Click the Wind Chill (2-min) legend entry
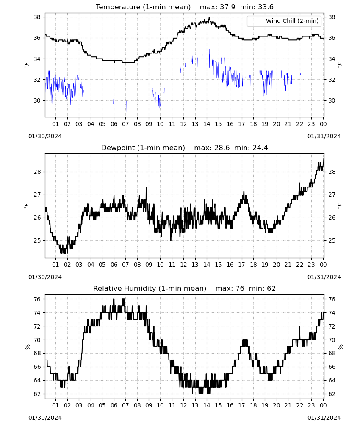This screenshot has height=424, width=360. pos(284,21)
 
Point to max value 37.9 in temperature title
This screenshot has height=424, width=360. pos(228,7)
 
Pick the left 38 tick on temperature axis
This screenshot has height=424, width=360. pos(37,17)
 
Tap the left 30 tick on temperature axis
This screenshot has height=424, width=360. pos(37,100)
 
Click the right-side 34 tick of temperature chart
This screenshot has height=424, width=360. pos(332,59)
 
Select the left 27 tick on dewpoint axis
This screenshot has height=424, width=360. pos(37,195)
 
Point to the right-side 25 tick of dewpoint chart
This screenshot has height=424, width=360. pos(332,240)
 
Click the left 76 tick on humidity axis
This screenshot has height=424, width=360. pos(37,299)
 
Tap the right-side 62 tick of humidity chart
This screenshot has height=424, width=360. pos(332,394)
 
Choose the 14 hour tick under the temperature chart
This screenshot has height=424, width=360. pos(207,124)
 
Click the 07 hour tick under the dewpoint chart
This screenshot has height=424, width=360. pos(125,265)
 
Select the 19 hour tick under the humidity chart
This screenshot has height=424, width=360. pos(265,405)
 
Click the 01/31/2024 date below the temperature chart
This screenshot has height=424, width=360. pos(324,136)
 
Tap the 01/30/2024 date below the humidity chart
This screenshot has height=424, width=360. pos(45,418)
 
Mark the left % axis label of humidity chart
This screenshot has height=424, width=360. pos(27,347)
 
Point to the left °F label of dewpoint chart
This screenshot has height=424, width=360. pos(26,206)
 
